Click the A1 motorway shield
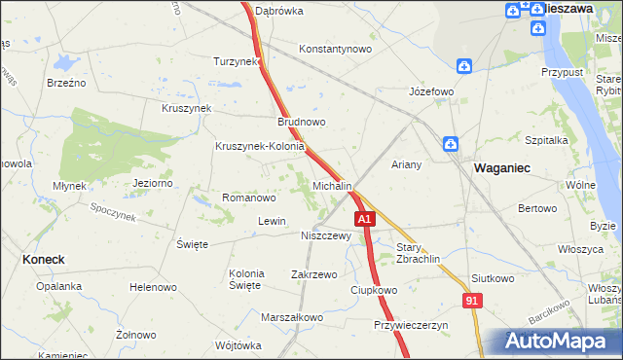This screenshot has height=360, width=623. [x=363, y=221]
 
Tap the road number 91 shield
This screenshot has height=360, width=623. [x=472, y=303]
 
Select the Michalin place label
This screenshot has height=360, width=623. [x=332, y=185]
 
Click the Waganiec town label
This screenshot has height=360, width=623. [x=502, y=167]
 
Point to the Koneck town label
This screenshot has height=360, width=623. [x=43, y=260]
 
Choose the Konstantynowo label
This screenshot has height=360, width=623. [x=336, y=49]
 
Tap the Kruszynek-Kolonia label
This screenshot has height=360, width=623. [x=261, y=147]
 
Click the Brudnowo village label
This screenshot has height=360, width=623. [x=301, y=123]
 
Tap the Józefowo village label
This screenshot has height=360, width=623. [x=431, y=92]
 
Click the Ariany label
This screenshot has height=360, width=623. [x=407, y=164]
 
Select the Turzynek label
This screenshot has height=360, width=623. [x=236, y=61]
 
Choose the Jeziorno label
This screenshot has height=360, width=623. [x=153, y=182]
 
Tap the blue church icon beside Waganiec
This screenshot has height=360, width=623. [x=451, y=144]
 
